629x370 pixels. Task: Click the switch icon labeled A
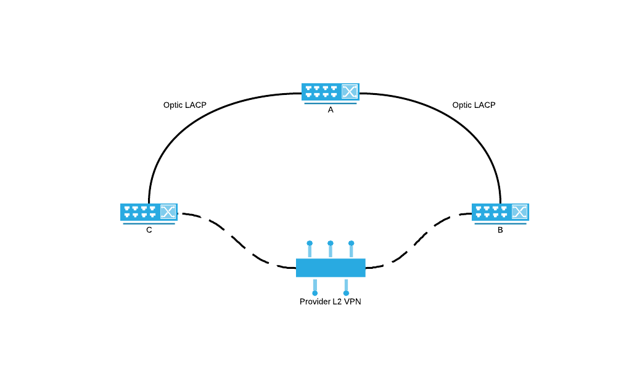click(x=330, y=92)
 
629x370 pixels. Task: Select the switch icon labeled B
click(x=500, y=212)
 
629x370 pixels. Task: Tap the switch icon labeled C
click(x=149, y=212)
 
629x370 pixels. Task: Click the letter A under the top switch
click(x=331, y=110)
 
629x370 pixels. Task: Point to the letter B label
click(x=500, y=230)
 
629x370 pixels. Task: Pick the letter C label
click(x=149, y=230)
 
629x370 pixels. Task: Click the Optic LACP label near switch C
click(x=184, y=105)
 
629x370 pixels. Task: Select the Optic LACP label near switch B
click(x=474, y=105)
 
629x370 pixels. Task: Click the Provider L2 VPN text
click(x=330, y=302)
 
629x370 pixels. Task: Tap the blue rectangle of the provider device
click(x=331, y=268)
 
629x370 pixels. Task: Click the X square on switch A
click(x=350, y=92)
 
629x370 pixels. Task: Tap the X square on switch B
click(x=520, y=212)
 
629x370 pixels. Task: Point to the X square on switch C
click(x=168, y=212)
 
